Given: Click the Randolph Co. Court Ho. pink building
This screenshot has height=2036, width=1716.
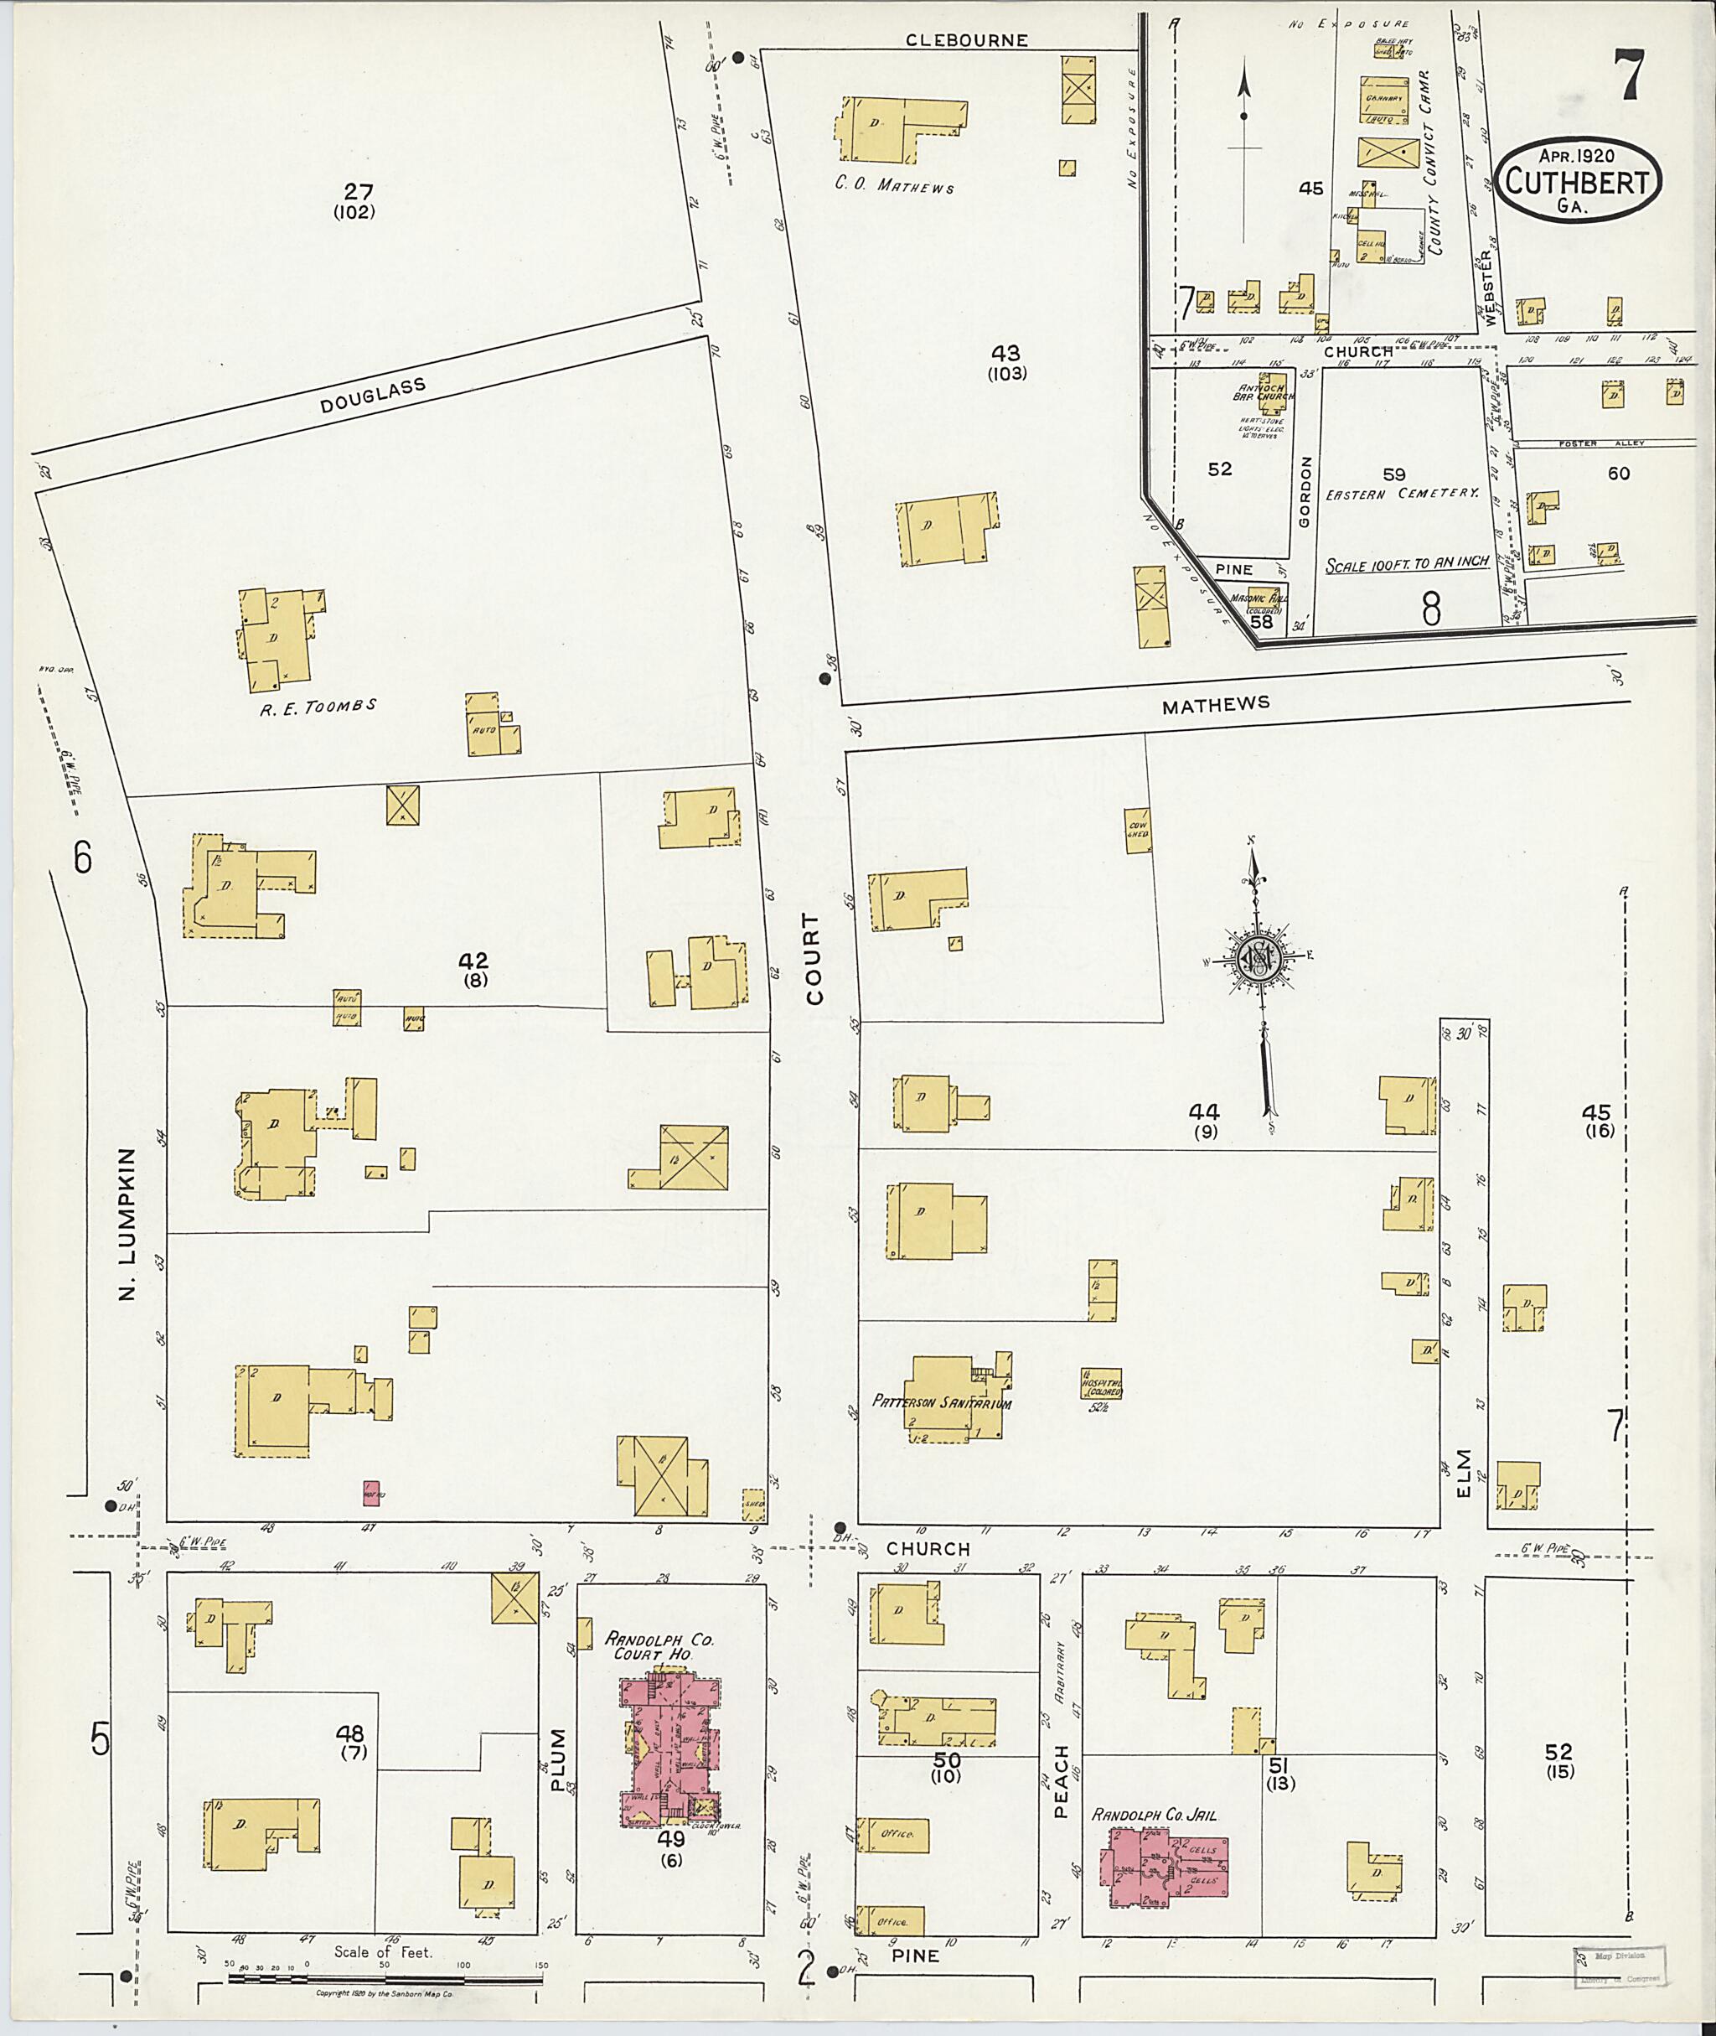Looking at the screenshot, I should (x=670, y=1747).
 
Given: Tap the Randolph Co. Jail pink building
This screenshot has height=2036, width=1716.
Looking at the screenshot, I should (x=1164, y=1863).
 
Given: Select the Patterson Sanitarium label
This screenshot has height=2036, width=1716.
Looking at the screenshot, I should (x=941, y=1402).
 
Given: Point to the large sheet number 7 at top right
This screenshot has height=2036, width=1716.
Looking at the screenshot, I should (x=1630, y=77).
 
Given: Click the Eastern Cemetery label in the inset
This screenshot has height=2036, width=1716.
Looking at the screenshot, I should (x=1402, y=494).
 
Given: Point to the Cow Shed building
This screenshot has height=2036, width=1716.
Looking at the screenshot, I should (x=1137, y=829).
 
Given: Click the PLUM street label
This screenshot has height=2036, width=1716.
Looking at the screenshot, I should (x=557, y=1759).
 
